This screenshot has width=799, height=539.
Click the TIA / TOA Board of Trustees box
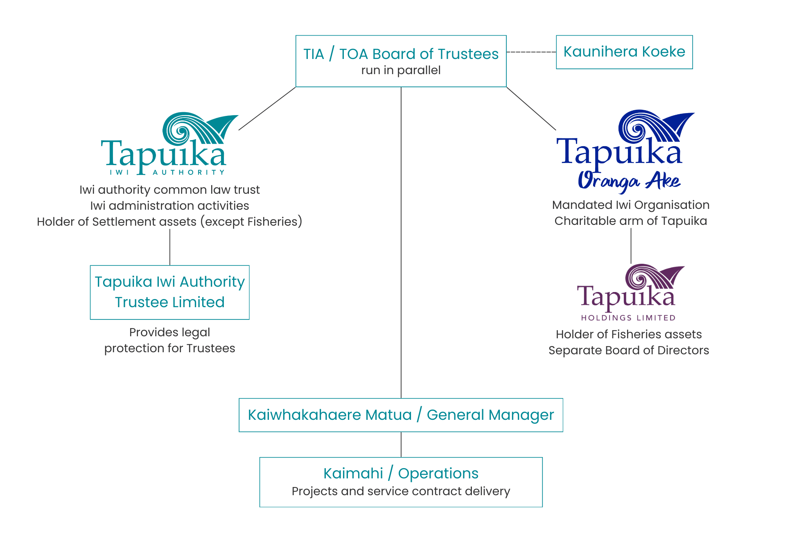point(401,61)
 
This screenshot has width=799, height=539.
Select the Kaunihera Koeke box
point(624,52)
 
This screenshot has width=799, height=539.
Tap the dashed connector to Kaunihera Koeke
point(531,52)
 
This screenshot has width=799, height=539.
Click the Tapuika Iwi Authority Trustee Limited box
point(169,292)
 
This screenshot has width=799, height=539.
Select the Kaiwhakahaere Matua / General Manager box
point(401,415)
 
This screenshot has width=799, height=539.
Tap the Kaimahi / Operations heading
point(401,473)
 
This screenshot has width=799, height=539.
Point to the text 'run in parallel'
point(401,70)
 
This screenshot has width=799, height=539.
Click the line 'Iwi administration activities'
point(169,206)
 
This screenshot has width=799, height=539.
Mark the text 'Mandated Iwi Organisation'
point(630,205)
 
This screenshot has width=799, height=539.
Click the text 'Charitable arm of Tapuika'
point(630,221)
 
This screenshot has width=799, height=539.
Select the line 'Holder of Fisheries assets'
point(629,334)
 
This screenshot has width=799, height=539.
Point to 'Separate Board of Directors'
point(629,350)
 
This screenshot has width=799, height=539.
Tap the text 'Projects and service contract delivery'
point(401,491)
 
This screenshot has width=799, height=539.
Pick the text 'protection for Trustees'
point(169,348)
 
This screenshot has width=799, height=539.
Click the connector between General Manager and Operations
point(401,444)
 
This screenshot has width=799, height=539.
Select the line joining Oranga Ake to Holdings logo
point(631,246)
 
